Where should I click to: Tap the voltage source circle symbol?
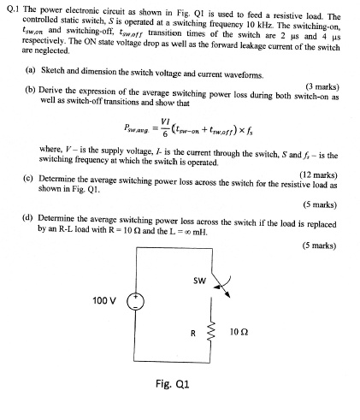pos(135,301)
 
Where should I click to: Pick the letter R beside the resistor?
pos(194,332)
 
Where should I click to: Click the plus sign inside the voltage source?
pos(135,296)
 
